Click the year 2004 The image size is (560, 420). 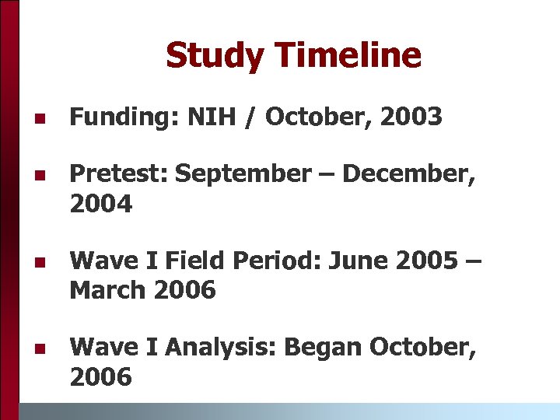tap(101, 205)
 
